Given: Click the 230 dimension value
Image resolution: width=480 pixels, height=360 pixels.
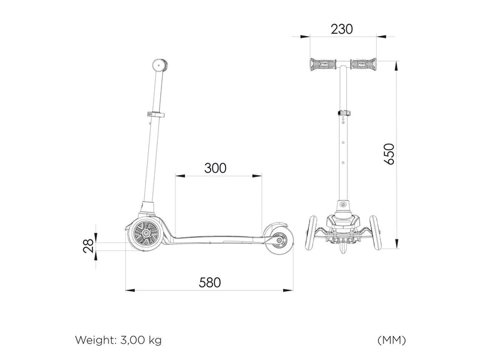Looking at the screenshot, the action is [x=341, y=29].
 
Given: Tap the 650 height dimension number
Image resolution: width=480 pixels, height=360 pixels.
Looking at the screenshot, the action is [x=389, y=154].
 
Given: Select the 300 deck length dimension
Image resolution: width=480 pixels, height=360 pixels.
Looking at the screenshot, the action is [x=215, y=168].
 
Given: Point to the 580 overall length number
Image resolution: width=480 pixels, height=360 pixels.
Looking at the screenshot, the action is [x=209, y=283].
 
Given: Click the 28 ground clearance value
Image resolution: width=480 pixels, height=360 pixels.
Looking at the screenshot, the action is [x=88, y=246].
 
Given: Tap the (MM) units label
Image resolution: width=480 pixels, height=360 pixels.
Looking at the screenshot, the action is [x=392, y=340].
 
